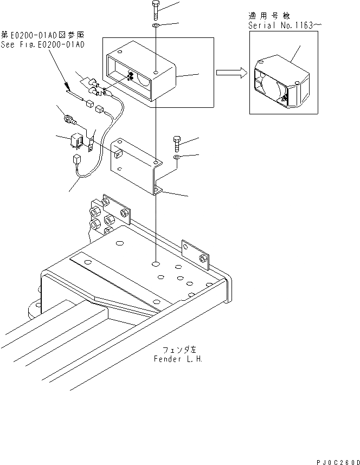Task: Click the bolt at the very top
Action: coord(156,9)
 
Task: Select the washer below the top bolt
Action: coord(156,25)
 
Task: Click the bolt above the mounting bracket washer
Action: coord(177,144)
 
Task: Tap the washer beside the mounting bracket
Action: coord(177,158)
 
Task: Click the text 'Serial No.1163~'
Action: coord(281,25)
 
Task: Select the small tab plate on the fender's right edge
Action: coord(195,252)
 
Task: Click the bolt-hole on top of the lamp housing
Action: coord(156,72)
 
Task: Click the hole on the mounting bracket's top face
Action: coord(156,162)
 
